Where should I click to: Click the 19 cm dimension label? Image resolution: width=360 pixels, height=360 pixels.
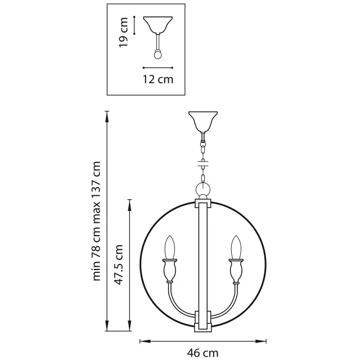coord(124,33)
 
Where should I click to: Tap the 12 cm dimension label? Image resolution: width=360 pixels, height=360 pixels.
coord(158,79)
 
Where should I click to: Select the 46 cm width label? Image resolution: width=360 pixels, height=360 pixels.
coord(202,353)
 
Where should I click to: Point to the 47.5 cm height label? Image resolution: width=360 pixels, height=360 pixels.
coord(119,264)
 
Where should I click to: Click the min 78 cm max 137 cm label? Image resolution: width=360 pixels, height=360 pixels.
coord(96,221)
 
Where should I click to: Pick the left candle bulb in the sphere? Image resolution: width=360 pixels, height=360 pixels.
coord(170,247)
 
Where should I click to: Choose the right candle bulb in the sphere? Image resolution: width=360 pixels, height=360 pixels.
coord(236,247)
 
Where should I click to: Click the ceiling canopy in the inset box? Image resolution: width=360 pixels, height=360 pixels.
coord(157,25)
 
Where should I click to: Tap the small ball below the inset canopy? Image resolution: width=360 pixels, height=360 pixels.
coord(157,55)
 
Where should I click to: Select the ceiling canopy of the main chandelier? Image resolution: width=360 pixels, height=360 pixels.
coord(203,121)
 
